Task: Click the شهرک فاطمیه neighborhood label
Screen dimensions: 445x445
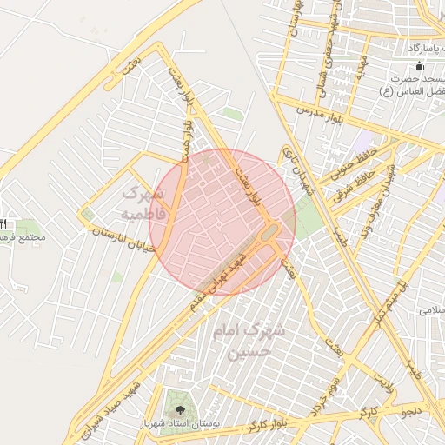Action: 139,202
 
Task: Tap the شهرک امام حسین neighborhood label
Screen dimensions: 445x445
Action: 249,342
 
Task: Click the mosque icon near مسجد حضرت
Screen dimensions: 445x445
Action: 421,66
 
